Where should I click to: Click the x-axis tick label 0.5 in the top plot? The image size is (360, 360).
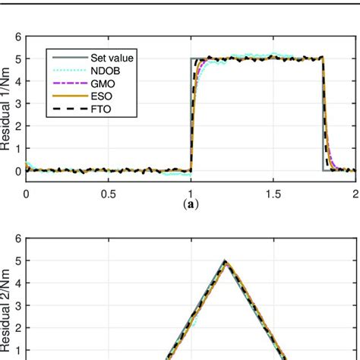[109, 194]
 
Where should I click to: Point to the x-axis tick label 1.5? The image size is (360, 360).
[273, 194]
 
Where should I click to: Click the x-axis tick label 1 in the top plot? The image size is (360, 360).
[191, 194]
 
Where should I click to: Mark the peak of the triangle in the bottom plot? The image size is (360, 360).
[225, 261]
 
